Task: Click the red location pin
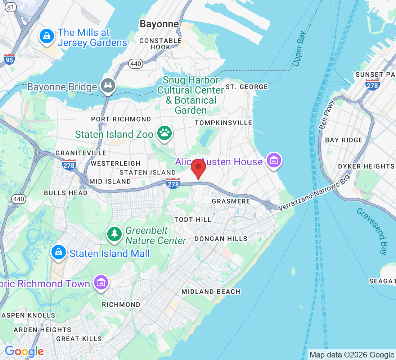pyautogui.click(x=198, y=168)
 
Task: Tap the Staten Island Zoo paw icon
pyautogui.click(x=165, y=134)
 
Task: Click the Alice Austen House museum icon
pyautogui.click(x=274, y=160)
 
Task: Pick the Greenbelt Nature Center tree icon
pyautogui.click(x=114, y=234)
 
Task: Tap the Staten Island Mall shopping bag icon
pyautogui.click(x=58, y=252)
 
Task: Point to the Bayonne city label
pyautogui.click(x=159, y=24)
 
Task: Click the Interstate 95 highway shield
pyautogui.click(x=9, y=59)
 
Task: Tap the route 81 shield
pyautogui.click(x=11, y=7)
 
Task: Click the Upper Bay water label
pyautogui.click(x=299, y=49)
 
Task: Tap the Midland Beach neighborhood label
pyautogui.click(x=211, y=292)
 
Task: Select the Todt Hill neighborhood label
pyautogui.click(x=193, y=220)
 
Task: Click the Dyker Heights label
pyautogui.click(x=366, y=166)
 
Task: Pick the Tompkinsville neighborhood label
pyautogui.click(x=223, y=123)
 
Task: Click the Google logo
pyautogui.click(x=24, y=351)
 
